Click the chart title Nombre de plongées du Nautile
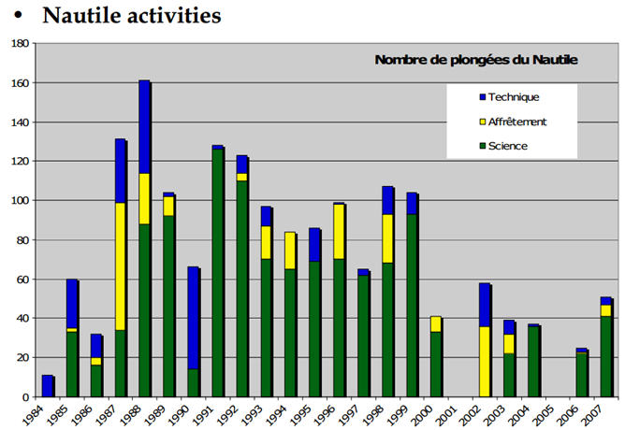coord(475,60)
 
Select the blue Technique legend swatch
coord(482,97)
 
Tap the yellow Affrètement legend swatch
coord(482,122)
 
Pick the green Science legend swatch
coord(482,147)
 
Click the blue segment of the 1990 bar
coord(193,318)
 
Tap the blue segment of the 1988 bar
coord(144,127)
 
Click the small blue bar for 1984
coord(47,386)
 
